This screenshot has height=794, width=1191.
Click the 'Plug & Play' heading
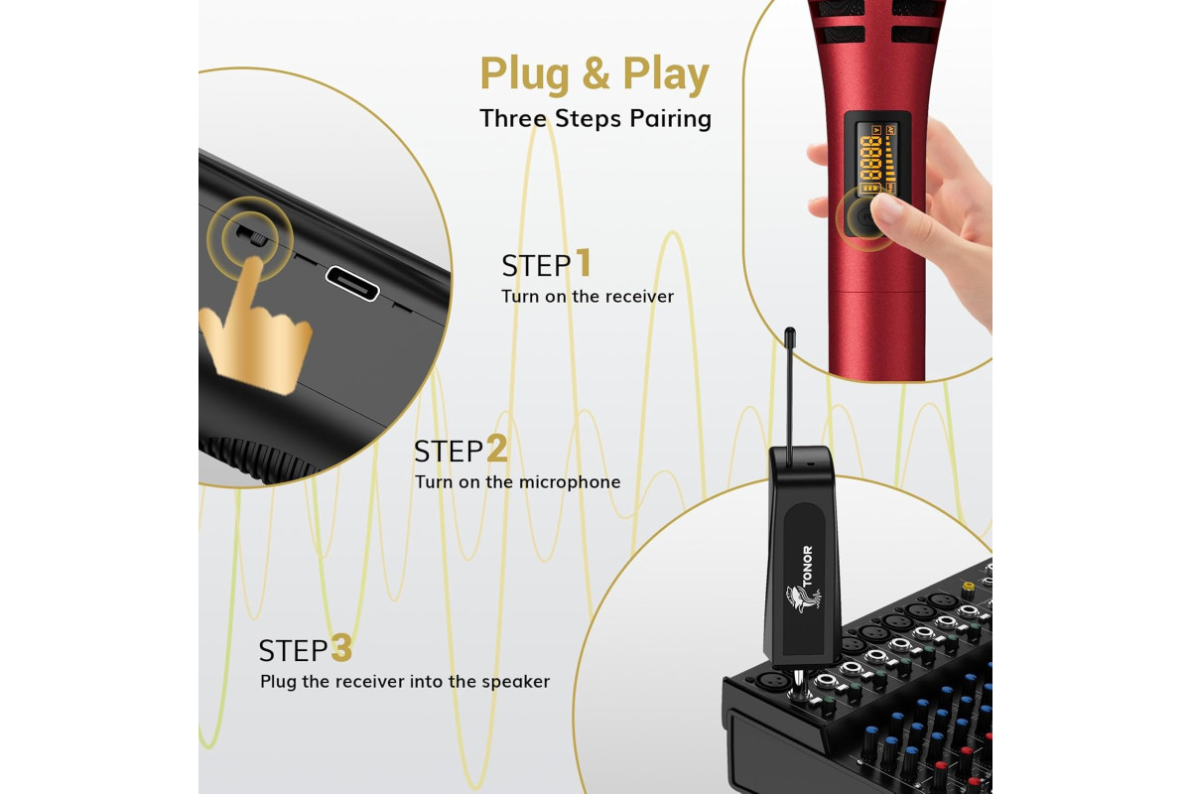click(x=595, y=73)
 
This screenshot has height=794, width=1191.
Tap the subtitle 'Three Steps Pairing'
click(x=595, y=118)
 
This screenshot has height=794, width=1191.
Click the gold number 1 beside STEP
click(x=584, y=262)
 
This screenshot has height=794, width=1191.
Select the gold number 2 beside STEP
click(x=497, y=448)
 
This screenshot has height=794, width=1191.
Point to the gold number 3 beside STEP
click(x=341, y=647)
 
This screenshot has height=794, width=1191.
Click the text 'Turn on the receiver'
click(x=588, y=296)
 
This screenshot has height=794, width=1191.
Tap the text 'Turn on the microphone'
click(x=517, y=481)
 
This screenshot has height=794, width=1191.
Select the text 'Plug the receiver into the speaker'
click(x=405, y=681)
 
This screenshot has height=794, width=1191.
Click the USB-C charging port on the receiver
click(x=352, y=283)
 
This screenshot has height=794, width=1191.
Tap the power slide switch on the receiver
click(x=252, y=235)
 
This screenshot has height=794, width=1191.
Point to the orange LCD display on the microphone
click(x=875, y=159)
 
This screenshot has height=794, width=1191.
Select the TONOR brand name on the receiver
click(x=807, y=566)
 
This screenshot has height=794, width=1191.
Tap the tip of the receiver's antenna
click(x=790, y=331)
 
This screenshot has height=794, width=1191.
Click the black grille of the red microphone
click(x=876, y=21)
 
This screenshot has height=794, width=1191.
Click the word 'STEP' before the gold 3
click(x=293, y=650)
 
